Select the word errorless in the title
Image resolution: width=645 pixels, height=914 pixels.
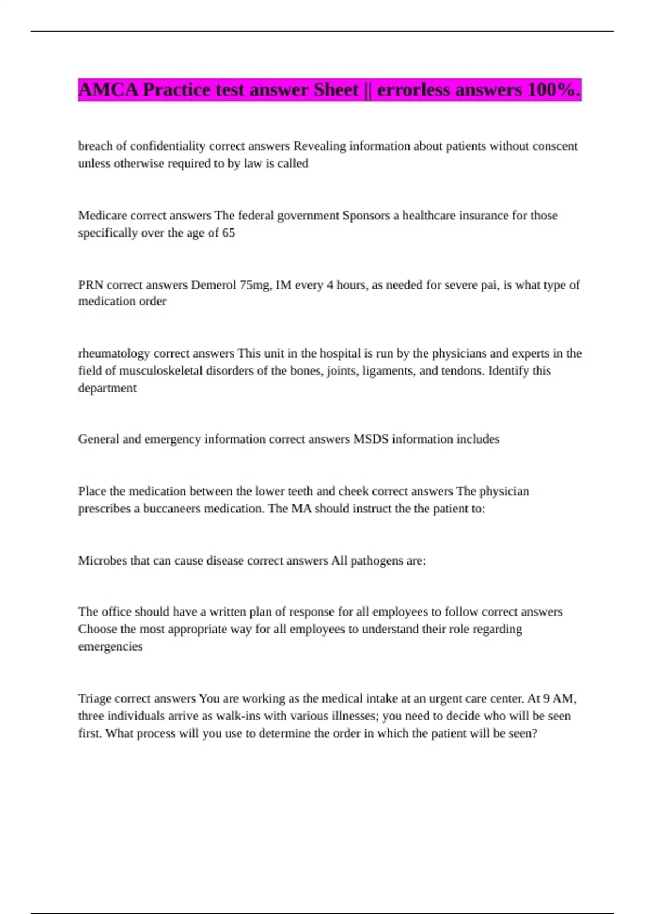pyautogui.click(x=414, y=90)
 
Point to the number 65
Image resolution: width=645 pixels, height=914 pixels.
pyautogui.click(x=228, y=233)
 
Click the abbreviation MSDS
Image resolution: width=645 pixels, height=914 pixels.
pyautogui.click(x=370, y=439)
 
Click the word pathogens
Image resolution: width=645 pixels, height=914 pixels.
pyautogui.click(x=376, y=561)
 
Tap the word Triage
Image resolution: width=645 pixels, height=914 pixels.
pyautogui.click(x=95, y=699)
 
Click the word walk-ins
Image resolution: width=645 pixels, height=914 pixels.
pyautogui.click(x=224, y=716)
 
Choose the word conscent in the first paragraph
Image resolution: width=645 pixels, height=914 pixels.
pyautogui.click(x=555, y=146)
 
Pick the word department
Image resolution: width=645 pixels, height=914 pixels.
pyautogui.click(x=107, y=388)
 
